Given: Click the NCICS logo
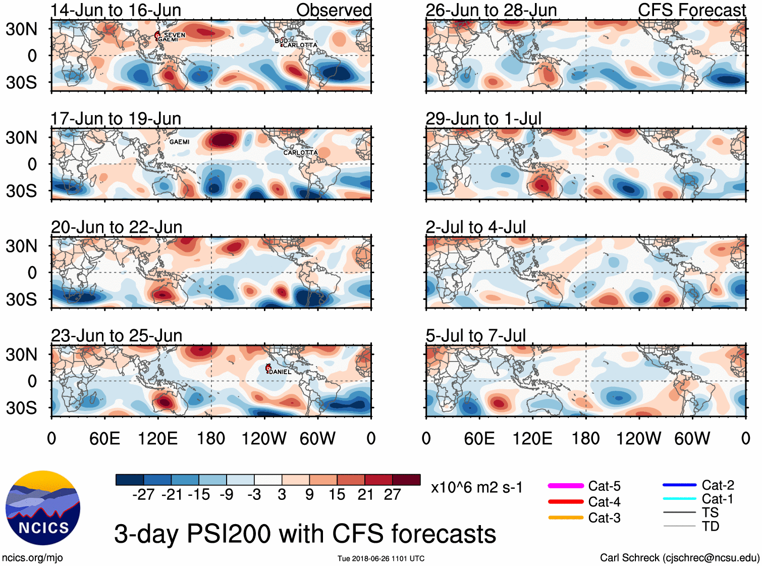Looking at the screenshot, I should coord(43,508).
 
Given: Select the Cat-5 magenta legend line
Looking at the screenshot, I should coord(566,486).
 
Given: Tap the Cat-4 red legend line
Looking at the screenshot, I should coord(566,502).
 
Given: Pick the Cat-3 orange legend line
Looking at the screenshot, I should coord(566,518).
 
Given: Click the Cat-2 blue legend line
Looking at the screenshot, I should coord(679,485).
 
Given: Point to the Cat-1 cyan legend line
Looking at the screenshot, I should coord(679,499).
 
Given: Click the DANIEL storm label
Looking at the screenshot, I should coord(280,372).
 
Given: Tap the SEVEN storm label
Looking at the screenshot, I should coord(175,35).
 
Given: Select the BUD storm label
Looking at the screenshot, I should coord(281,40).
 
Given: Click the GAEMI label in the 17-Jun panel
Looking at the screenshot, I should coord(179,142).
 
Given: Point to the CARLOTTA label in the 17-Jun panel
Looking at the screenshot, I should coord(300,152).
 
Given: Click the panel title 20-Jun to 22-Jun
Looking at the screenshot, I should coord(117,227).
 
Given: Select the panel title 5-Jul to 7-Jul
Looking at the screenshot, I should coord(475,336).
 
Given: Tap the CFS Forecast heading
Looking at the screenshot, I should coord(691,10).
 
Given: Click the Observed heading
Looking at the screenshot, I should coord(334,10).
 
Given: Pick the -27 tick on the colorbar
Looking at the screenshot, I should coord(143,494).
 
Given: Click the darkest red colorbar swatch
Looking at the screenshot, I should coord(406,480).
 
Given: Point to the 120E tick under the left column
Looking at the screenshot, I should coord(157,438).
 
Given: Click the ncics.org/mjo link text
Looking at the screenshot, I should coord(32,557).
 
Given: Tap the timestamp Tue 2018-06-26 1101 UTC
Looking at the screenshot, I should coord(381,558).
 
